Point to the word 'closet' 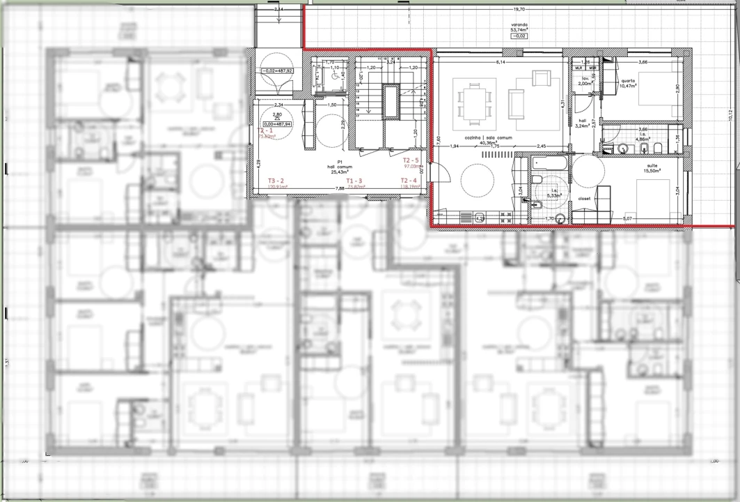(584, 199)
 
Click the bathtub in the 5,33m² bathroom (542, 163)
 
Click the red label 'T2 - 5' (411, 160)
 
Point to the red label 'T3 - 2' (276, 180)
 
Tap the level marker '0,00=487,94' (277, 123)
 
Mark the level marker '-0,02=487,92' (277, 70)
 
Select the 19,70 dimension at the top (518, 10)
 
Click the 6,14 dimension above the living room (500, 63)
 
